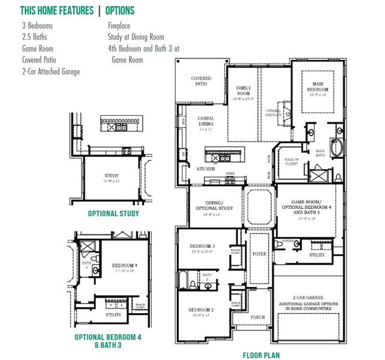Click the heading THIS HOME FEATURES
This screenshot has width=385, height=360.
tap(56, 11)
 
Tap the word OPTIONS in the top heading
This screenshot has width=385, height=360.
tap(119, 11)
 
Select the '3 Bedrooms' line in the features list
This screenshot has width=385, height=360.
tap(37, 26)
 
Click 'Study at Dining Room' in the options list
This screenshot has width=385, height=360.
tap(136, 37)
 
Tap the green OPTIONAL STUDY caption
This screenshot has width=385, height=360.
tap(113, 214)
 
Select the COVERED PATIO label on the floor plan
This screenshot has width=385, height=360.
tap(201, 81)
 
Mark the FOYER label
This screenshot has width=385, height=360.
tap(260, 254)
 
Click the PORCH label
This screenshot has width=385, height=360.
tap(257, 317)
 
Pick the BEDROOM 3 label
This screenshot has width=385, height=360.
tap(202, 247)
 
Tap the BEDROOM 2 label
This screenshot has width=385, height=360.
tap(201, 310)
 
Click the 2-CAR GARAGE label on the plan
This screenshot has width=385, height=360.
tap(308, 297)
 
